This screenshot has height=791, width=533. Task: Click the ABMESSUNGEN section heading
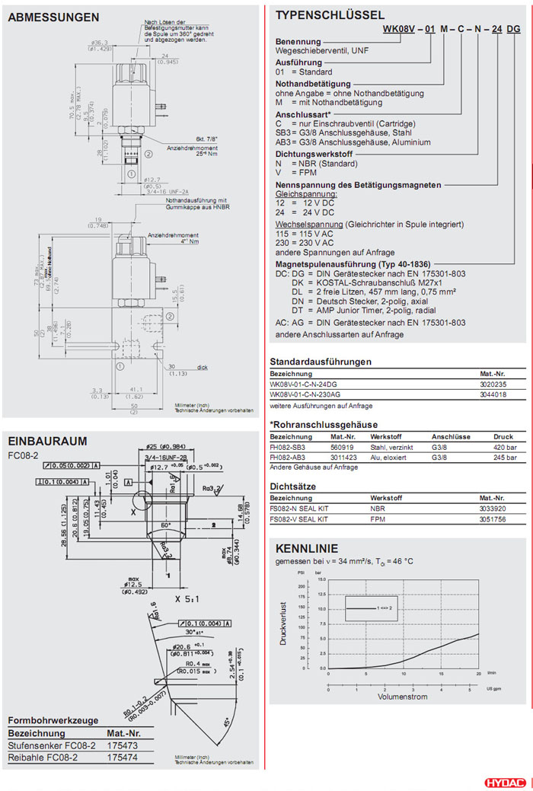click(x=54, y=17)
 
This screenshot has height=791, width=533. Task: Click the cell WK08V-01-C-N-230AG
click(x=305, y=395)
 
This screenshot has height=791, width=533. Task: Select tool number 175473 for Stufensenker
click(x=123, y=745)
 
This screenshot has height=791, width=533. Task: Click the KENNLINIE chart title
click(x=306, y=549)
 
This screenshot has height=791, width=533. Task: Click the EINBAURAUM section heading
click(x=47, y=442)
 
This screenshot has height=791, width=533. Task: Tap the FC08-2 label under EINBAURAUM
click(x=23, y=456)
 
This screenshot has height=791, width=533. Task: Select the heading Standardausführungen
click(x=321, y=362)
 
